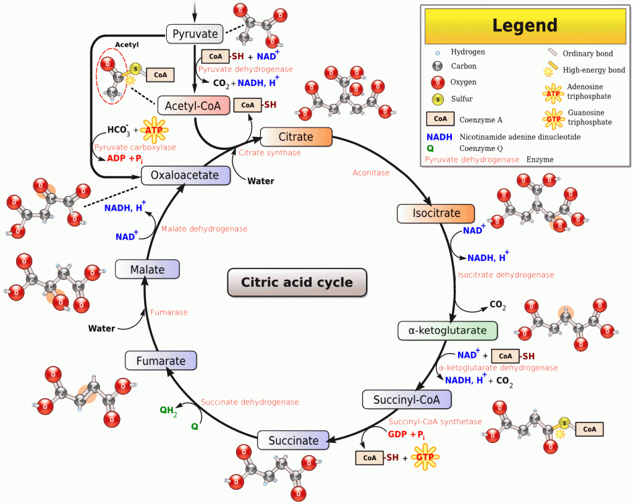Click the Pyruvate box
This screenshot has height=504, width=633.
(x=195, y=33)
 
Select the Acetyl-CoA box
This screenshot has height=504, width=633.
(x=193, y=105)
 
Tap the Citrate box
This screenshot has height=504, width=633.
(x=296, y=137)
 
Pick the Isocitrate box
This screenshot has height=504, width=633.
(x=436, y=213)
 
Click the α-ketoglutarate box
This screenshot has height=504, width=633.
(x=447, y=330)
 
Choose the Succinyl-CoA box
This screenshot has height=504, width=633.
(x=406, y=399)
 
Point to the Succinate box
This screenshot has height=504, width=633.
(x=293, y=440)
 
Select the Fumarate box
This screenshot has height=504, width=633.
(x=161, y=361)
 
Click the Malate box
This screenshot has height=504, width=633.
(x=147, y=270)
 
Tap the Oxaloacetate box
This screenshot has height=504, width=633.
(x=185, y=175)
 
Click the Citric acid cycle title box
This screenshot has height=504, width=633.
(x=297, y=283)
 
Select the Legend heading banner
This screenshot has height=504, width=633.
(x=524, y=25)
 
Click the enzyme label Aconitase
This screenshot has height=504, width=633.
(x=371, y=173)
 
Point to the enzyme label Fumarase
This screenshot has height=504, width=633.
(x=169, y=312)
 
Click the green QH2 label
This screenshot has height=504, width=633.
(x=168, y=410)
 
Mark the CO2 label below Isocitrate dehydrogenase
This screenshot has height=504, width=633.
(x=498, y=304)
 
